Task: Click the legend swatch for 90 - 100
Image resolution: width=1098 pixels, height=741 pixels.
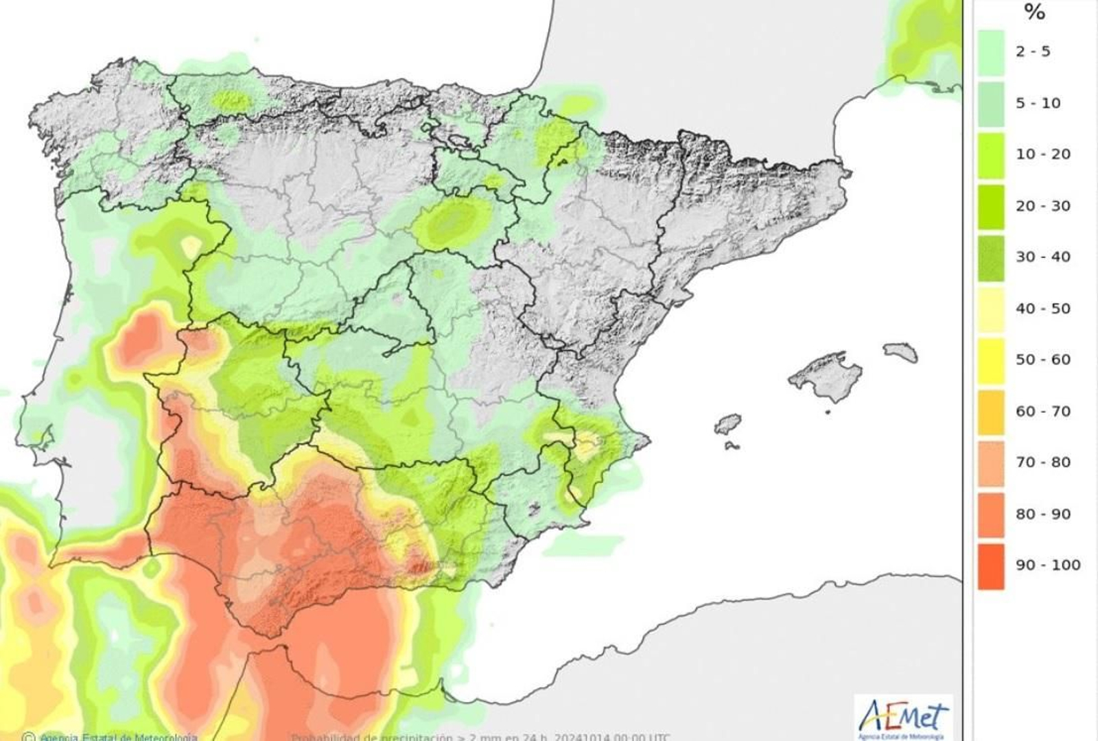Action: tap(991, 566)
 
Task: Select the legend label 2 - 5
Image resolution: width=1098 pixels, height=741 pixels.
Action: tap(1033, 51)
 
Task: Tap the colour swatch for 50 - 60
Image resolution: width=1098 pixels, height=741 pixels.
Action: tap(991, 360)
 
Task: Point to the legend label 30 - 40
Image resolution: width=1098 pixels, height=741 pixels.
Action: tap(1042, 257)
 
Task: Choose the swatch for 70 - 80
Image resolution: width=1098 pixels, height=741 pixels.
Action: tap(991, 463)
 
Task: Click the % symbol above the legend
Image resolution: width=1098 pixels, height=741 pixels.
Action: tap(1034, 12)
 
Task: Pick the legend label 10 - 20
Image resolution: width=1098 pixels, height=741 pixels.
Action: tap(1042, 154)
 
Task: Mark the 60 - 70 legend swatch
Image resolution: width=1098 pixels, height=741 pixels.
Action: tap(991, 412)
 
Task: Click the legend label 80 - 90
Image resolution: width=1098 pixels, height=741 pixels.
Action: tap(1042, 514)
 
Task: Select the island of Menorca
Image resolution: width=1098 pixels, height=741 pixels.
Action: tap(901, 353)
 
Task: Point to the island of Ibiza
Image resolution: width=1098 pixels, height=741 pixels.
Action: tap(727, 424)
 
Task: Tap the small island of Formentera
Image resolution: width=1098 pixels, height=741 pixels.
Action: tap(732, 446)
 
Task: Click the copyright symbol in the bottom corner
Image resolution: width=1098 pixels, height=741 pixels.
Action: tap(28, 737)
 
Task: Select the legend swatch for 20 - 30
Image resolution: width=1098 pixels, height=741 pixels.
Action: tap(991, 206)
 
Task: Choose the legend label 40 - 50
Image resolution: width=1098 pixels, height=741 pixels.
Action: tap(1042, 309)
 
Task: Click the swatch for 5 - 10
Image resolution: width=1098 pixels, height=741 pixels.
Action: tap(991, 104)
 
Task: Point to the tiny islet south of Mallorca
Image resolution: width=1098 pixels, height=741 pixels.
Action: tap(828, 412)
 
